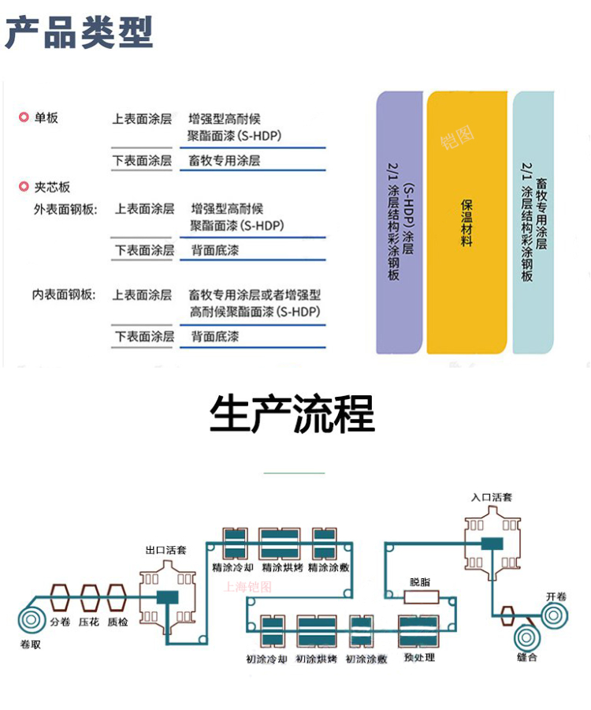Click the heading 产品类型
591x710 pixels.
[79, 33]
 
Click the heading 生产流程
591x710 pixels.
[292, 413]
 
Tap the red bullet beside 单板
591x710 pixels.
[24, 118]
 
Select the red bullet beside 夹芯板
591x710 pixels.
[24, 187]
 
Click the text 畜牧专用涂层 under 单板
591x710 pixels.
[225, 160]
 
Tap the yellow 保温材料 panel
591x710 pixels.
[466, 222]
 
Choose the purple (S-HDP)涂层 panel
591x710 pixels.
[400, 222]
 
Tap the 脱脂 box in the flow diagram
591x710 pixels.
[420, 597]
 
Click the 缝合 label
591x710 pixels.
[527, 657]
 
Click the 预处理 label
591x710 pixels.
[419, 656]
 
